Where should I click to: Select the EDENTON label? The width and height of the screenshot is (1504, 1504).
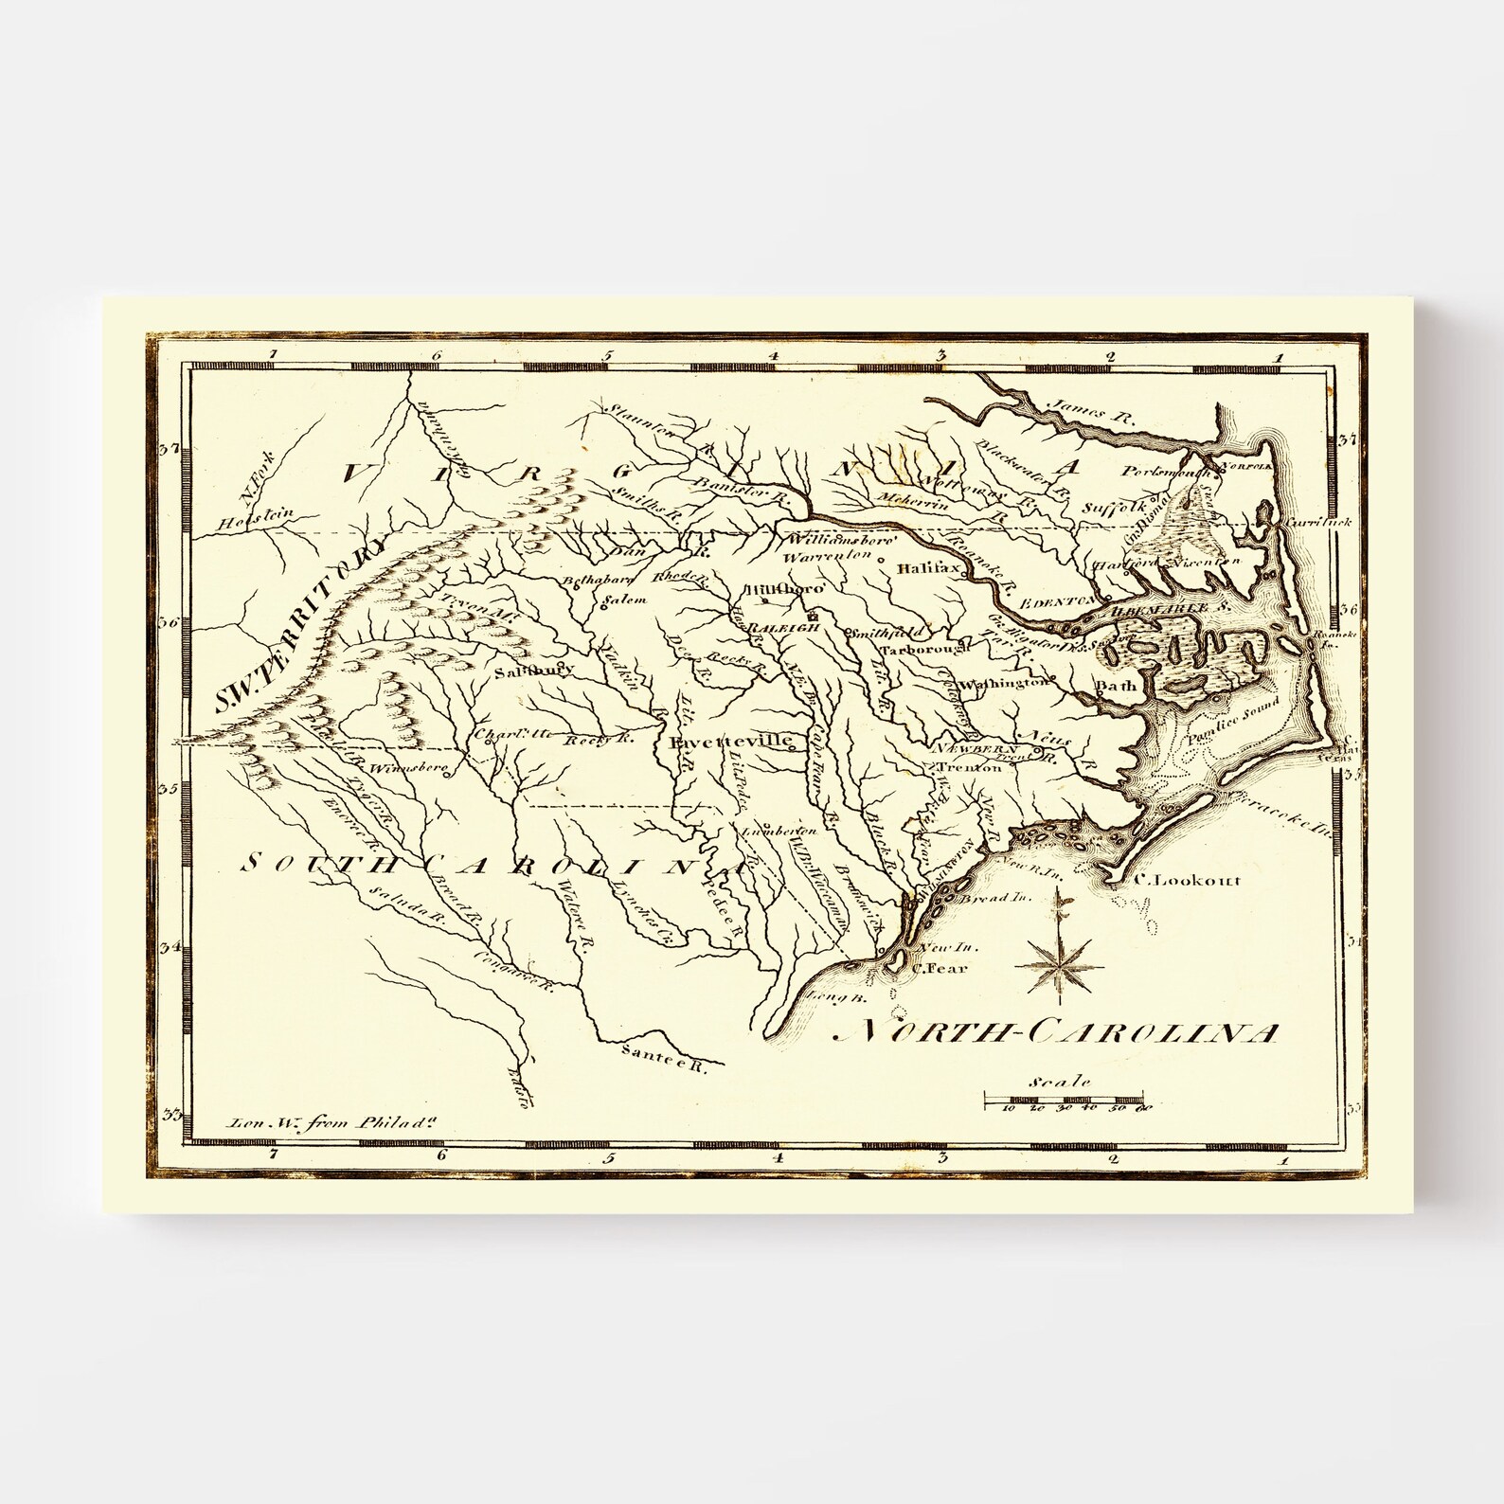pos(1060,601)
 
